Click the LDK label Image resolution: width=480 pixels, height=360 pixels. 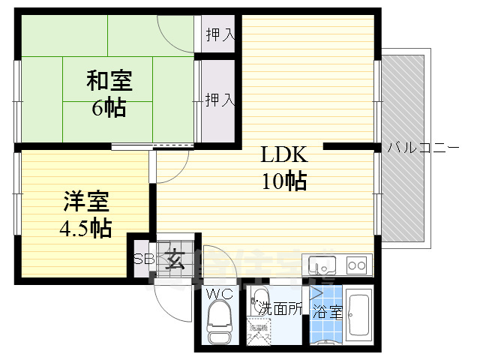[283, 155]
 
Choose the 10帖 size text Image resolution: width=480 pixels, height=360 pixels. [284, 181]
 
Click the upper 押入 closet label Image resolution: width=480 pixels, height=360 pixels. [220, 35]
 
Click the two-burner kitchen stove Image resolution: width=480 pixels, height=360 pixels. [356, 265]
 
